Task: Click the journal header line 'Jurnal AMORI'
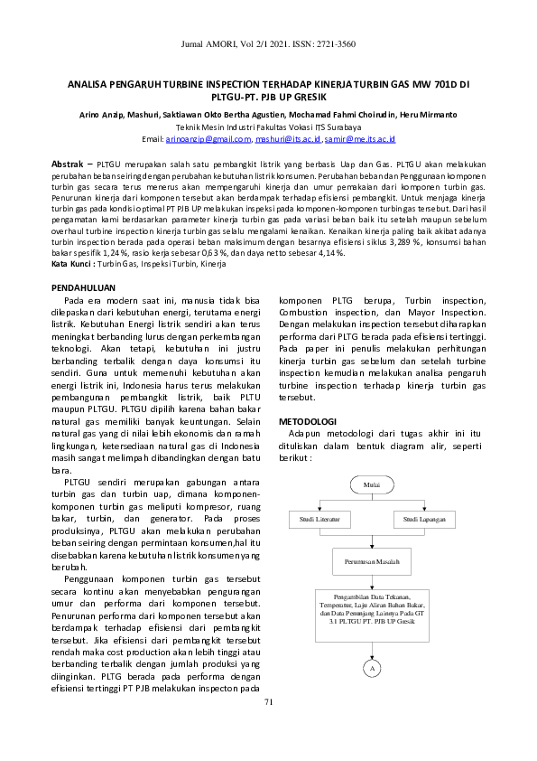pyautogui.click(x=269, y=43)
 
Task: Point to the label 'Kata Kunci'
pyautogui.click(x=71, y=264)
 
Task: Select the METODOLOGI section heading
pyautogui.click(x=308, y=421)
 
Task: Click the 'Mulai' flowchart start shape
pyautogui.click(x=371, y=484)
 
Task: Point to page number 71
pyautogui.click(x=268, y=702)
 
